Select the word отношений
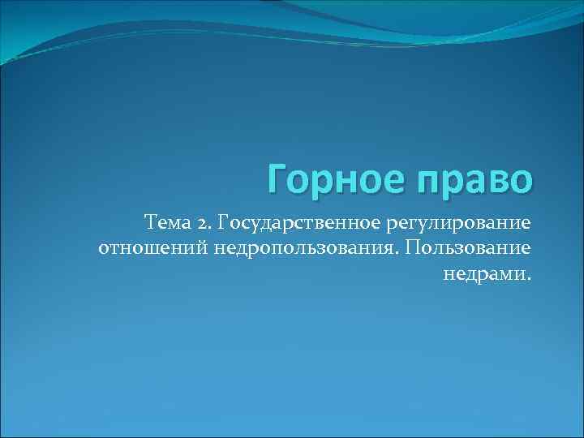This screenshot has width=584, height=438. [155, 246]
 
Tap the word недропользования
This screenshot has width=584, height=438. [307, 247]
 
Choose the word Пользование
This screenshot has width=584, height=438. [471, 246]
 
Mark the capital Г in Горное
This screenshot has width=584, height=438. [277, 178]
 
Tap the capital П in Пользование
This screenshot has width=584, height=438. [418, 246]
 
